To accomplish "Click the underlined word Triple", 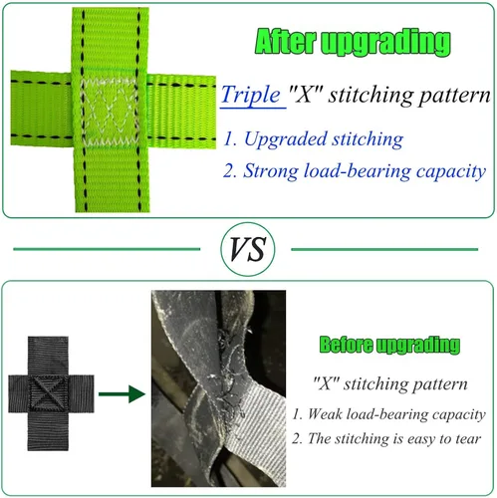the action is (251, 95).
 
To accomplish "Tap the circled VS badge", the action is (248, 249).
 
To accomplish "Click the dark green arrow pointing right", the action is (122, 393).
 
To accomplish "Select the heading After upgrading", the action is (354, 42).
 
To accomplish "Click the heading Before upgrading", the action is (389, 345).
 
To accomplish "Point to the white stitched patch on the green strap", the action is (110, 113).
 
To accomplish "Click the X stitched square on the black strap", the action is (49, 393).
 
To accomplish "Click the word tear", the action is (468, 439).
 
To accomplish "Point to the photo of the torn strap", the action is (218, 388).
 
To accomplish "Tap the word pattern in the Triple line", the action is (454, 96).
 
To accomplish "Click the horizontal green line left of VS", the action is (107, 249).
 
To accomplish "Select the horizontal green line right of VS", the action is (384, 249).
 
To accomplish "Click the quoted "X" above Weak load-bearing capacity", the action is (326, 383).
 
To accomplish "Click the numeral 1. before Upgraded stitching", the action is (230, 139).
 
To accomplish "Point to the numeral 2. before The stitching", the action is (297, 439).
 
